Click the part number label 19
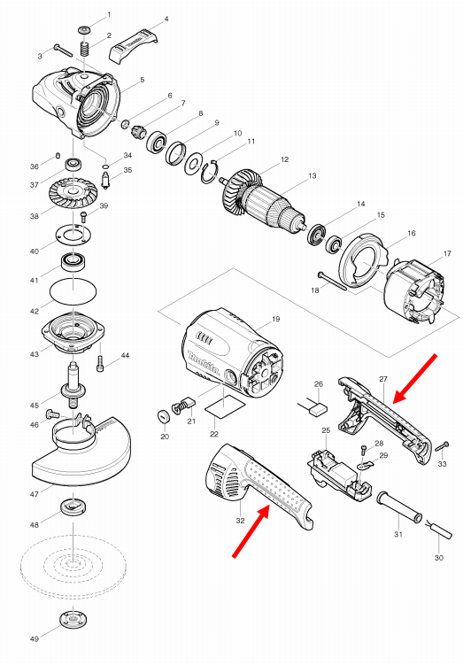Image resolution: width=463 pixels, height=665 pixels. (x=275, y=318)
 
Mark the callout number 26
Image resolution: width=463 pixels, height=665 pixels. (x=320, y=384)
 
